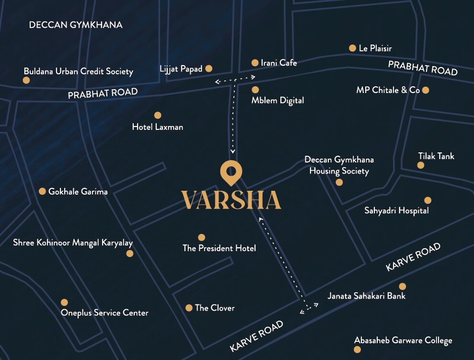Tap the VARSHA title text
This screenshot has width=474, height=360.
(x=231, y=200)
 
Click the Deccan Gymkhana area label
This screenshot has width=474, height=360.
(x=76, y=25)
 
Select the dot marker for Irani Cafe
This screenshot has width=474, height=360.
(x=255, y=63)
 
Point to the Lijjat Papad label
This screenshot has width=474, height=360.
(x=181, y=69)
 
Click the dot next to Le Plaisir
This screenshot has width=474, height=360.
(x=352, y=48)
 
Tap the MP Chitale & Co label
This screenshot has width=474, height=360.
(x=388, y=90)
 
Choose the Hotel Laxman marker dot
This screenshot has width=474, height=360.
(x=158, y=115)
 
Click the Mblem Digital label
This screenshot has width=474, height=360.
(x=277, y=101)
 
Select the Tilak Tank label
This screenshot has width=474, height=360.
(x=436, y=156)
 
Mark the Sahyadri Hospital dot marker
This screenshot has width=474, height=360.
(x=428, y=200)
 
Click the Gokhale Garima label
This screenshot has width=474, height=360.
(x=78, y=192)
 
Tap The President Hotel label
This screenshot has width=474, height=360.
(x=219, y=248)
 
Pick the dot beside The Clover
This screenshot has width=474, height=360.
(x=189, y=308)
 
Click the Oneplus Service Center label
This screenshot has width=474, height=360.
(x=104, y=313)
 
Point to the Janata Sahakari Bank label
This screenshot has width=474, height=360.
(x=366, y=296)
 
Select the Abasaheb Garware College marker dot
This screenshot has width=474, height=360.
(x=357, y=350)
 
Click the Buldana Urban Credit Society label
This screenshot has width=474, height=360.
(x=78, y=71)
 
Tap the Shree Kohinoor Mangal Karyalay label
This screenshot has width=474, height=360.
(x=73, y=243)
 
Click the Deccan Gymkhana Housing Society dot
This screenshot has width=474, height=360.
(x=339, y=182)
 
